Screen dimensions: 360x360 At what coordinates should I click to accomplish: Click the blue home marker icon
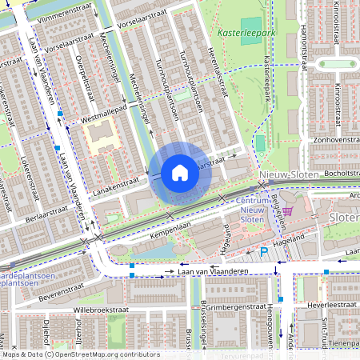[180, 173]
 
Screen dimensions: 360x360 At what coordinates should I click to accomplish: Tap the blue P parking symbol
[263, 253]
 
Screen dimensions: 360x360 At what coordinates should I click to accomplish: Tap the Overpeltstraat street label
[80, 79]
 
